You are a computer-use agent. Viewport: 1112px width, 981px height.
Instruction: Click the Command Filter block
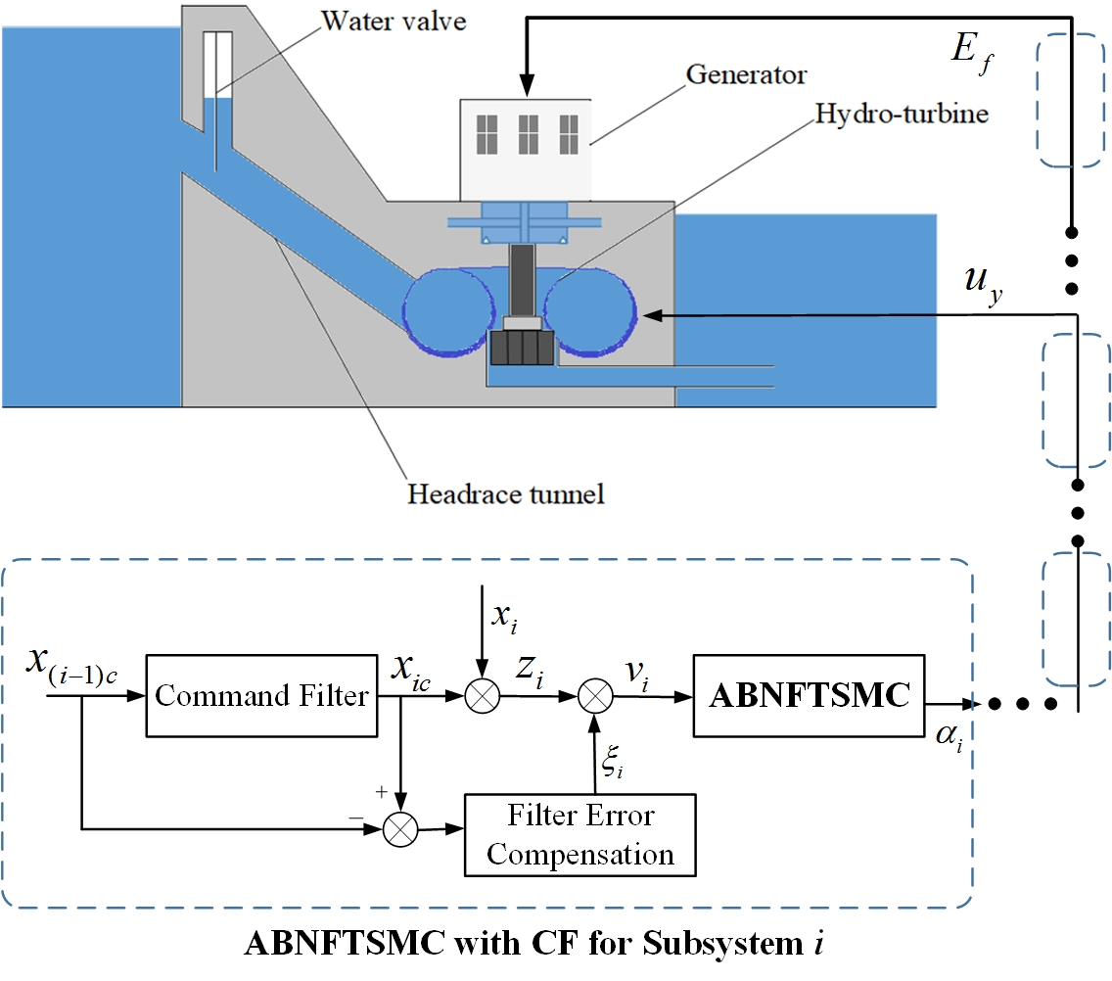tap(261, 696)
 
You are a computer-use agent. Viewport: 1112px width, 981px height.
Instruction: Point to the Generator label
tap(746, 74)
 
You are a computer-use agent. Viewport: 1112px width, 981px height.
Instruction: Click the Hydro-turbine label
tap(901, 114)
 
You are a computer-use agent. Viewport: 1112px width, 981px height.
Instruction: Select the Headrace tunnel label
tap(505, 492)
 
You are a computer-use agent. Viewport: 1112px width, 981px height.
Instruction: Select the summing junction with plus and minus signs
tap(398, 828)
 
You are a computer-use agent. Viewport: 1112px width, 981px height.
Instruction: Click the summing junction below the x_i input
tap(482, 696)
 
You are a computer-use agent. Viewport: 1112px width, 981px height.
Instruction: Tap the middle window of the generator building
tap(529, 134)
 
